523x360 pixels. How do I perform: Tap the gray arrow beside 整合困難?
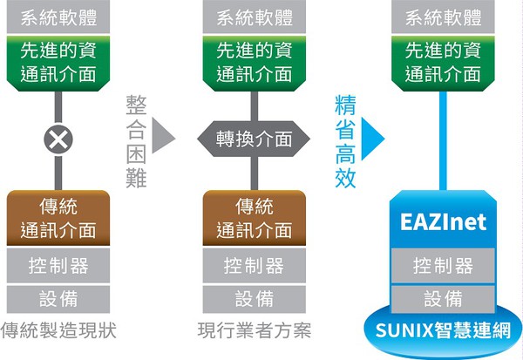(164, 136)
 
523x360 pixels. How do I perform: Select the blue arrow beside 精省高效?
(373, 136)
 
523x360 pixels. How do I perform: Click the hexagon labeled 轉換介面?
(254, 139)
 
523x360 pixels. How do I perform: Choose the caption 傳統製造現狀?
(58, 331)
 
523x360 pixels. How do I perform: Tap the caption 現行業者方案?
(254, 331)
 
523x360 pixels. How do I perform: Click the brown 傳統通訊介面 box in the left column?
(58, 218)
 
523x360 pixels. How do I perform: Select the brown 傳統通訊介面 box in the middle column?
(254, 218)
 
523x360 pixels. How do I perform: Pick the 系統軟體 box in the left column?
(58, 17)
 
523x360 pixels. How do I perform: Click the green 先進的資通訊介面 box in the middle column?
(254, 61)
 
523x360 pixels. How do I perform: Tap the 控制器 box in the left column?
(58, 264)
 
